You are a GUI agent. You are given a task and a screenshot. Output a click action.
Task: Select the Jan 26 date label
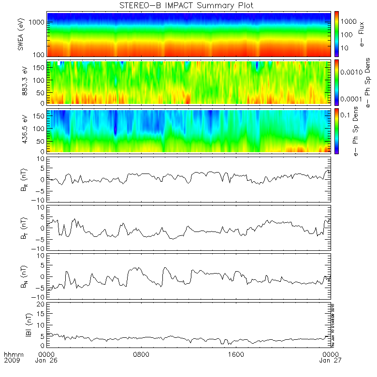coord(47,361)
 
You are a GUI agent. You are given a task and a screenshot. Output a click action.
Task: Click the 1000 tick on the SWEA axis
coord(38,22)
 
